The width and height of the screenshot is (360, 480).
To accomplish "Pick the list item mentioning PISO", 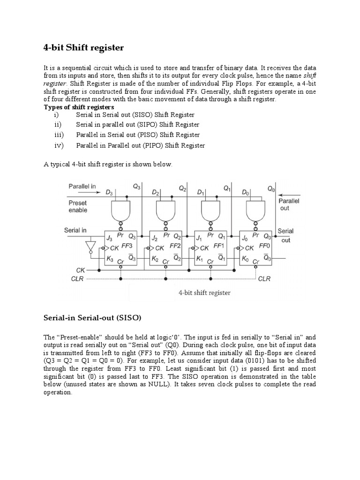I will point(138,135).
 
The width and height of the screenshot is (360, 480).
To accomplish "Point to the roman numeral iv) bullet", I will point(59,145).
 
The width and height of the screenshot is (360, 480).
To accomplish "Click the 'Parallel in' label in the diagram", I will point(82,186).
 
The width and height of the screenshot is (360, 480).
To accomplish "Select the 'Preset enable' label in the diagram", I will point(78,207).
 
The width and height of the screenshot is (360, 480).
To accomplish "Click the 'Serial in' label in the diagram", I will point(75,230).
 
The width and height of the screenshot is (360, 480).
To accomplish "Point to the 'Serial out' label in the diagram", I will point(285,235).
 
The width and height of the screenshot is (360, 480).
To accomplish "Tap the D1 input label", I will point(200,193).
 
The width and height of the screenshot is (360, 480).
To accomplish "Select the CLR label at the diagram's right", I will point(264,278).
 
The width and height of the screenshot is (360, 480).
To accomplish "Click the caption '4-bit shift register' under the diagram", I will point(204,293).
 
